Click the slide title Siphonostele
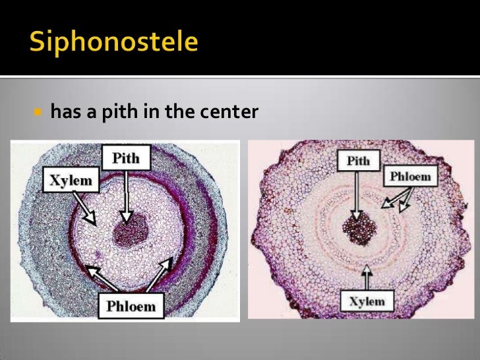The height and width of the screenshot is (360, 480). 114,43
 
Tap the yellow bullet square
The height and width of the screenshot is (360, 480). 37,112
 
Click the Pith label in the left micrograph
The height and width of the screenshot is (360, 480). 126,158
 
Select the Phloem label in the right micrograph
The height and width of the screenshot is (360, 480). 410,177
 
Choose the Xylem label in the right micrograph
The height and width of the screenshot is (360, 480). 367,301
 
